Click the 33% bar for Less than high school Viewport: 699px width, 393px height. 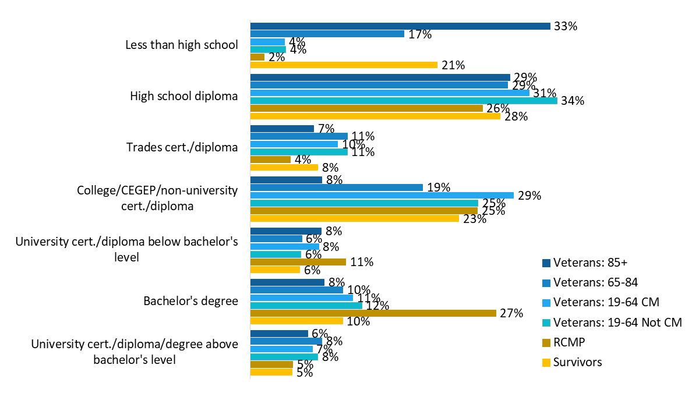pyautogui.click(x=400, y=26)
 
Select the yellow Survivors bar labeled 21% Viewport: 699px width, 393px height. pyautogui.click(x=344, y=65)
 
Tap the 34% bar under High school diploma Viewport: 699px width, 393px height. pyautogui.click(x=404, y=101)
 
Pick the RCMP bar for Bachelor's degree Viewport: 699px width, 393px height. pyautogui.click(x=373, y=313)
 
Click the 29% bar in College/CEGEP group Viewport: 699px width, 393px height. pyautogui.click(x=382, y=195)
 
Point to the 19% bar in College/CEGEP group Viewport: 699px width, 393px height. pyautogui.click(x=336, y=187)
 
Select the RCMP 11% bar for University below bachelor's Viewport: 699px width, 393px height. pyautogui.click(x=298, y=262)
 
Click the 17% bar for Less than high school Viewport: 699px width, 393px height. pyautogui.click(x=327, y=34)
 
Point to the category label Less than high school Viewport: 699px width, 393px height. pyautogui.click(x=182, y=45)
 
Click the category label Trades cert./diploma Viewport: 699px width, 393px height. pyautogui.click(x=182, y=147)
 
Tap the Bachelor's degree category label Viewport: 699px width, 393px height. pyautogui.click(x=190, y=301)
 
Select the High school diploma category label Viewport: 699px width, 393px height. pyautogui.click(x=183, y=96)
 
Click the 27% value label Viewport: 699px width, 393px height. pyautogui.click(x=511, y=313)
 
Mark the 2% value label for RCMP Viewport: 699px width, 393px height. pyautogui.click(x=277, y=57)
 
